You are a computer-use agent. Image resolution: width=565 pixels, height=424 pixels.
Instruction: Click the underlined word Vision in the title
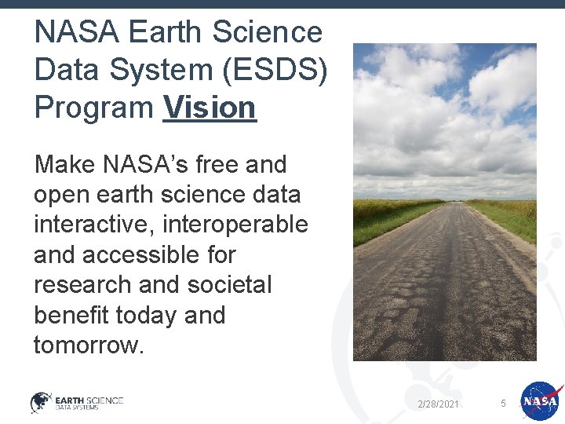click(210, 108)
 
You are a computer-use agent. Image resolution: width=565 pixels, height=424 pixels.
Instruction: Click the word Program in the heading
click(93, 108)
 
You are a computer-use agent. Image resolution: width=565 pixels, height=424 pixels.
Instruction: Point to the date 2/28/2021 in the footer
click(438, 404)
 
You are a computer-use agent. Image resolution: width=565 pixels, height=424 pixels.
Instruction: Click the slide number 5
click(503, 404)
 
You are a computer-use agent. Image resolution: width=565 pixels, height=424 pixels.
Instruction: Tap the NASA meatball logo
click(540, 401)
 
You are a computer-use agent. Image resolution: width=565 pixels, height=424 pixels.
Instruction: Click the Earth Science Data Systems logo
click(77, 402)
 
